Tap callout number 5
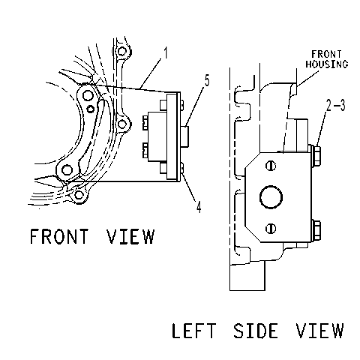pos(207,80)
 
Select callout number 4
pos(199,207)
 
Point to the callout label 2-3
pos(336,105)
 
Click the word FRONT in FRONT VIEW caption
pos(59,236)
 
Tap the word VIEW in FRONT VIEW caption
pos(130,236)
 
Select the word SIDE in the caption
pos(256,331)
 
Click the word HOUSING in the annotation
pos(327,64)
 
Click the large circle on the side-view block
pos(271,197)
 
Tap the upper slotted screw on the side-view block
pos(271,166)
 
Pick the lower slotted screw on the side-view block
pos(271,228)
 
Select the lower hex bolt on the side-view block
pos(316,230)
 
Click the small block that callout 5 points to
pos(184,136)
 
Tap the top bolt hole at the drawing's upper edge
pos(121,51)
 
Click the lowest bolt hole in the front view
pos(79,195)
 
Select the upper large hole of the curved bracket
pos(88,95)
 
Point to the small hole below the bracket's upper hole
pos(90,109)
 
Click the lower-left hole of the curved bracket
pos(67,170)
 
